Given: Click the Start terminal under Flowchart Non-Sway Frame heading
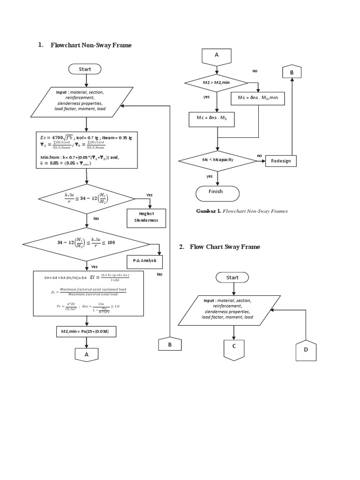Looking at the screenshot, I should [x=85, y=69].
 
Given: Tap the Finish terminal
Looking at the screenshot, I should [x=217, y=192].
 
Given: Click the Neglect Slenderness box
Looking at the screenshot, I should [x=146, y=217].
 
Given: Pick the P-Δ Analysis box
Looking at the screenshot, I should [x=144, y=261].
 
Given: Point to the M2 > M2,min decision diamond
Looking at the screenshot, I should [x=216, y=83].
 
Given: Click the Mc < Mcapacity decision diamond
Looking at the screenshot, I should [x=217, y=160].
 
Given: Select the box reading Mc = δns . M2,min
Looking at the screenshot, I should [x=258, y=97].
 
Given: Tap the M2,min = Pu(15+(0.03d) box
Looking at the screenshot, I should [x=86, y=332].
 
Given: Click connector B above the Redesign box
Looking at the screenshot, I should [x=292, y=72].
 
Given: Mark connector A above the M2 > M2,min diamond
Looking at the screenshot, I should [x=217, y=56].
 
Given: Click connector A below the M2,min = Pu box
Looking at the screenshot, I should [x=86, y=354].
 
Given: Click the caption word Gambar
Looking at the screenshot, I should [x=207, y=211].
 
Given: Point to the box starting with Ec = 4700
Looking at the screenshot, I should [x=86, y=150].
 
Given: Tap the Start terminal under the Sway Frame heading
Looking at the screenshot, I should [x=232, y=277].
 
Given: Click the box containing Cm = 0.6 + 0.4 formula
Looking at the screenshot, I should [x=86, y=293].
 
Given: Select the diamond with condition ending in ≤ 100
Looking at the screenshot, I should [x=86, y=243].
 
